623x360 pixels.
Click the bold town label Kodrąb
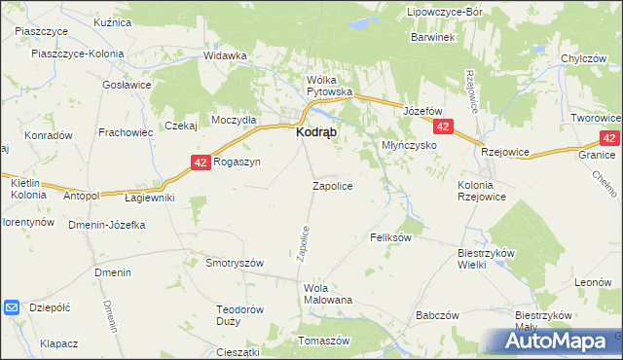316,136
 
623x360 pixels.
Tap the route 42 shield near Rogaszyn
201,162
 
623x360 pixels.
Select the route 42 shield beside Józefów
443,127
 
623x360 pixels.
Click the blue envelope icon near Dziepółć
12,307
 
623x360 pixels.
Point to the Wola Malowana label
328,294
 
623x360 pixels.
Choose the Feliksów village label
392,236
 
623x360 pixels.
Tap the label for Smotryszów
235,263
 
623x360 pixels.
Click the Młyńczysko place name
407,145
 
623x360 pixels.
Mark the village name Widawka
225,55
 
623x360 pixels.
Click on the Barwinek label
434,37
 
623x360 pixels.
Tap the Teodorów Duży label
239,315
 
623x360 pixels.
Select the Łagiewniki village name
150,198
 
